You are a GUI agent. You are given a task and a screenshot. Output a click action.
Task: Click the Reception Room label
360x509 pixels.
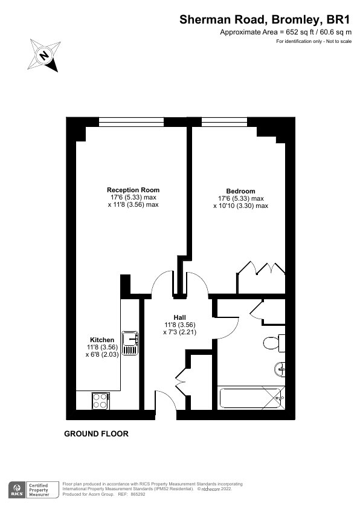point(133,190)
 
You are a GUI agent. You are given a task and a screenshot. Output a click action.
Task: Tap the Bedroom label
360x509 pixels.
point(240,191)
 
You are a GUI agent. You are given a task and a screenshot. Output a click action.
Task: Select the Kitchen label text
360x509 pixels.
point(102,340)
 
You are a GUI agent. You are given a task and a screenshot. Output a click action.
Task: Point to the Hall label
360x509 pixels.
point(179,317)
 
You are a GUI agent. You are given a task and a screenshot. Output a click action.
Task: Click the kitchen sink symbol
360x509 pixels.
point(130,343)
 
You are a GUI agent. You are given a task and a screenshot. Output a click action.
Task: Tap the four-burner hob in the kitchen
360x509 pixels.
point(100,401)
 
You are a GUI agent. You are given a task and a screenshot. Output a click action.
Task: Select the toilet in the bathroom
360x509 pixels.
point(274,343)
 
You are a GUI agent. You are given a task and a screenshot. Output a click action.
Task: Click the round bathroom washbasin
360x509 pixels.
point(280,369)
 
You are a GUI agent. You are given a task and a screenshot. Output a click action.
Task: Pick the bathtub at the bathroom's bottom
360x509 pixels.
point(251,398)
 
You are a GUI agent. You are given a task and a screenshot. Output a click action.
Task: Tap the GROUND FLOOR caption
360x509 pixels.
point(96,433)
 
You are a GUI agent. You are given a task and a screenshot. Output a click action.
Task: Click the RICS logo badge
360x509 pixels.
point(17,490)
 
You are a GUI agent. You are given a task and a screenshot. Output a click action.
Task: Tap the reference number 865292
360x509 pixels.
point(138,494)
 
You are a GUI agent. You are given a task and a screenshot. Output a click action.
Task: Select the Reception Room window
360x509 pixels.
point(131,122)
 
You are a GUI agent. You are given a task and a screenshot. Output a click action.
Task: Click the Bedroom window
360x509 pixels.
point(224,122)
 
